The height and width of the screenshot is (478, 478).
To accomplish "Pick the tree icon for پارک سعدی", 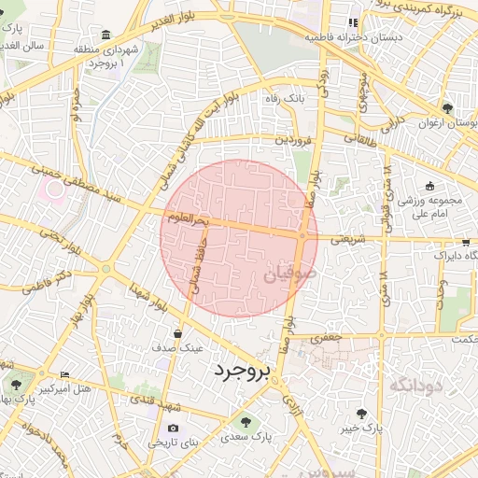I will pos(246,421).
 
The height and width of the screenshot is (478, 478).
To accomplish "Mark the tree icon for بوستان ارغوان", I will pos(448,108).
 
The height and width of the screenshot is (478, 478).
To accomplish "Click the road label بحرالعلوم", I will pos(187,219).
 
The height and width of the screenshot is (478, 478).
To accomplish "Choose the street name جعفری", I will pos(328,337).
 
